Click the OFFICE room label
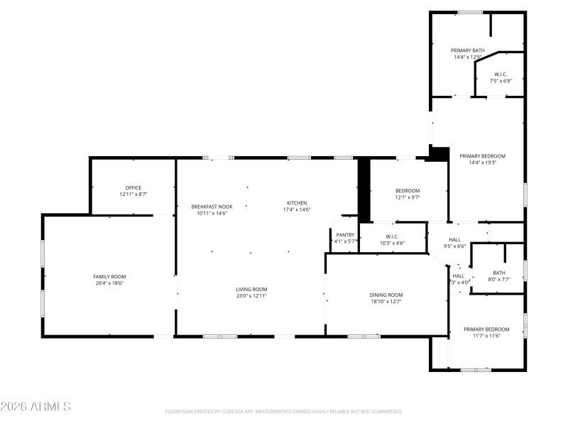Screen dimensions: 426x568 tap(133, 188)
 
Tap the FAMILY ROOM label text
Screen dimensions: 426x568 tap(109, 276)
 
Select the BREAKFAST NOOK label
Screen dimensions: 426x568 tap(211, 207)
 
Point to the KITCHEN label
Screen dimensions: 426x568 tap(297, 202)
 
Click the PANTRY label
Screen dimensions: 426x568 tap(345, 235)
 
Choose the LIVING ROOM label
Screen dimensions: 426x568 tap(251, 289)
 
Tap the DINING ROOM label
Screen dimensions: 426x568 tap(386, 295)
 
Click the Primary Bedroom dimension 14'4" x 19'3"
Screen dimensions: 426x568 tap(482, 163)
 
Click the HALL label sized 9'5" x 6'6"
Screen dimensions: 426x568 tap(454, 246)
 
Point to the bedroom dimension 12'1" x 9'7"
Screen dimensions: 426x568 tap(408, 197)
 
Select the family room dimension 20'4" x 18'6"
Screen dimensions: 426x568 tap(109, 283)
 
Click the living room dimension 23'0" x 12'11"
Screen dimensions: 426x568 tap(251, 295)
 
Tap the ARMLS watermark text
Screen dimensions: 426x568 tap(35, 407)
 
